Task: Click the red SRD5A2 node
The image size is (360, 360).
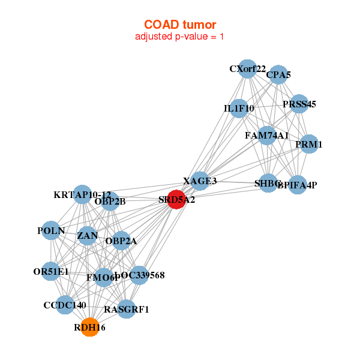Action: [176, 199]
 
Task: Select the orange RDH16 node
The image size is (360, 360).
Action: [89, 327]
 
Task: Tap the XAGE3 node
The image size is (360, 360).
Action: [200, 181]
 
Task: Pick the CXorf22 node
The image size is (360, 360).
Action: [247, 69]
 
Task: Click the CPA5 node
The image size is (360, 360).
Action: [278, 76]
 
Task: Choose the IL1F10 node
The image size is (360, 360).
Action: [239, 109]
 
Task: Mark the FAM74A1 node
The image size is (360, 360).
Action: [267, 136]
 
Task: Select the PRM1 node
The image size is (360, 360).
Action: [308, 144]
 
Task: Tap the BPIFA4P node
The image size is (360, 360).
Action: [297, 185]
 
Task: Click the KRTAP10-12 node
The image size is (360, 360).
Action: [82, 195]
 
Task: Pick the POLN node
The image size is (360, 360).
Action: [51, 230]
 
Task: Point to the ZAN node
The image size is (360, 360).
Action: [88, 236]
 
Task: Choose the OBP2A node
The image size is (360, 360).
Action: [121, 241]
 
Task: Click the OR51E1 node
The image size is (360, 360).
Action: [51, 272]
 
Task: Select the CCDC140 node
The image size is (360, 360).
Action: [65, 305]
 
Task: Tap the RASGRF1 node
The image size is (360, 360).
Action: [126, 309]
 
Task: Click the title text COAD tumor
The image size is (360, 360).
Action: [180, 24]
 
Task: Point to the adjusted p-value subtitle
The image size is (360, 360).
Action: [180, 37]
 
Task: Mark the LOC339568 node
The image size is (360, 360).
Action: [139, 275]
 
